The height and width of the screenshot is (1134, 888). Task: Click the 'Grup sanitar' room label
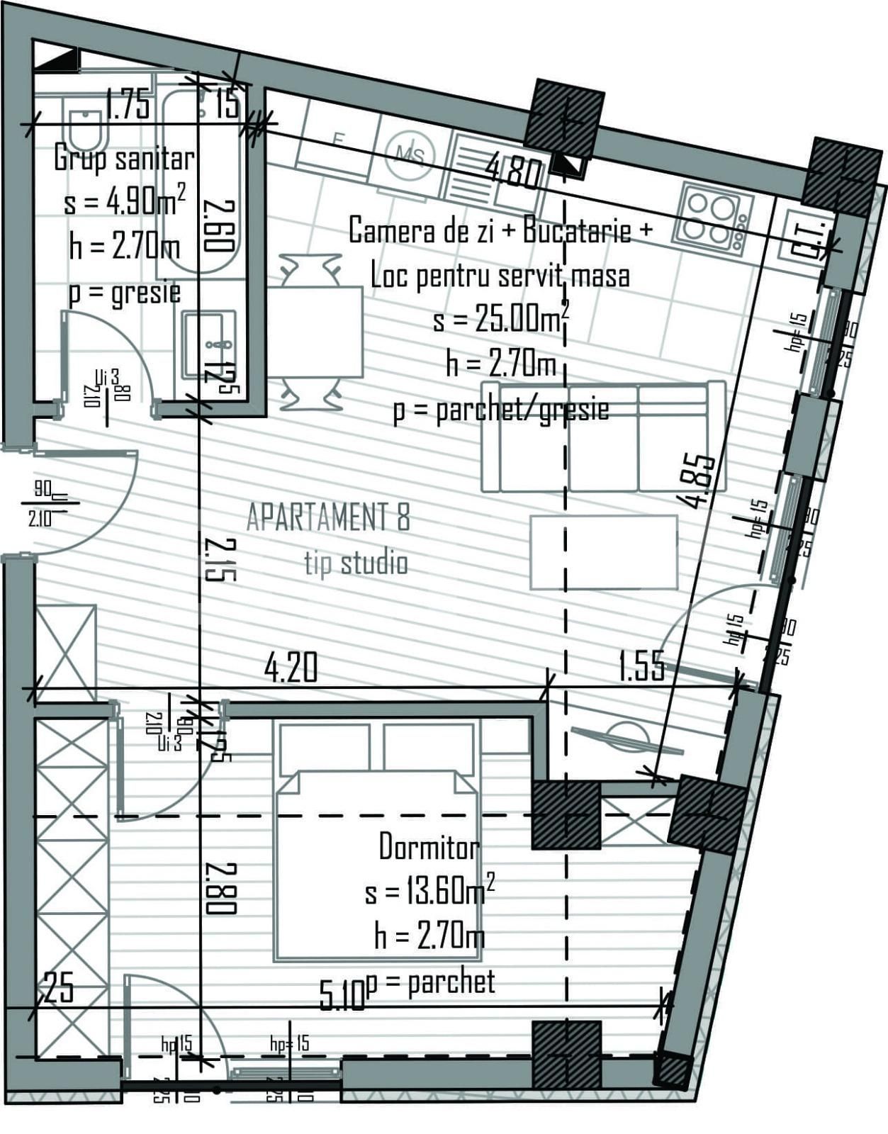click(x=124, y=158)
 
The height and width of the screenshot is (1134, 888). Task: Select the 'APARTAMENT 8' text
click(x=327, y=517)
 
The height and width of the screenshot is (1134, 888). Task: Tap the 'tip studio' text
click(x=356, y=563)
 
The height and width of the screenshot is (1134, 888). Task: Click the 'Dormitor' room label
click(x=429, y=846)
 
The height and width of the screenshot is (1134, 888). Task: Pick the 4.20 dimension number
click(x=291, y=668)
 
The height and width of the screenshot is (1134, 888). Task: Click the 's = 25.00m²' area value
click(x=500, y=320)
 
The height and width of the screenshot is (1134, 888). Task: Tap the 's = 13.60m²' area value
click(x=429, y=891)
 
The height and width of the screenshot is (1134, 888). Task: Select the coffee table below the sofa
click(x=604, y=552)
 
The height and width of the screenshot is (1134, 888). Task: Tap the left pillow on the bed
click(x=325, y=746)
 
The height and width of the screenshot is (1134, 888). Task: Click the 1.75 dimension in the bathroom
click(x=128, y=105)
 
